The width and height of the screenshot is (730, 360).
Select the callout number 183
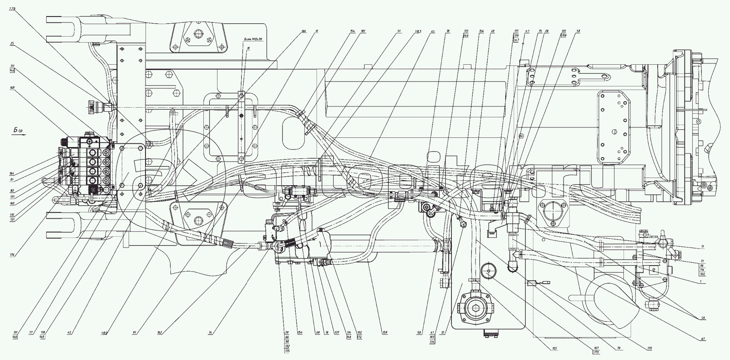(418, 31)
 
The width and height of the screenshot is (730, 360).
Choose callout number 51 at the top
(398, 31)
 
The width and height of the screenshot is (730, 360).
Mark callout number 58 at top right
(578, 31)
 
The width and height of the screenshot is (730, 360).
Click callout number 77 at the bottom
(31, 333)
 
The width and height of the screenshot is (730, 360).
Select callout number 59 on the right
(703, 318)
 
